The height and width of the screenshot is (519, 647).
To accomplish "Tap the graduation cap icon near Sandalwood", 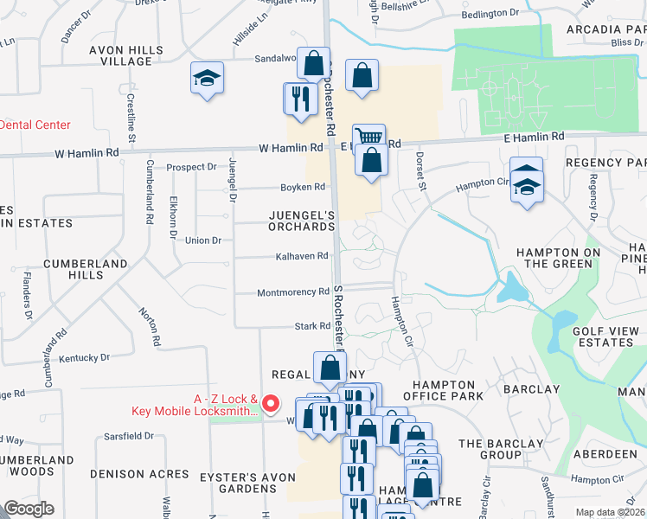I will (208, 80).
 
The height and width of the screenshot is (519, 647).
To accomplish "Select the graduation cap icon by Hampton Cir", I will (526, 185).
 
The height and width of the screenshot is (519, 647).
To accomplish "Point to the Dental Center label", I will (35, 125).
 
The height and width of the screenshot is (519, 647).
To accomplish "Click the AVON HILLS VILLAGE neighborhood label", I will (125, 56).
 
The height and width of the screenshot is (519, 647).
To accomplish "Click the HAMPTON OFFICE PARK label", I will (444, 390).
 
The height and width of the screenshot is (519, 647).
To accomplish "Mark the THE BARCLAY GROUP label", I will (501, 449).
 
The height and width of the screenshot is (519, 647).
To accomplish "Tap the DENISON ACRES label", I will (139, 474).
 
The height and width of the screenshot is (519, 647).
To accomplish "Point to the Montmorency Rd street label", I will (293, 292).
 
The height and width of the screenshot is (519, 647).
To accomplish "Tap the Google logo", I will (29, 508).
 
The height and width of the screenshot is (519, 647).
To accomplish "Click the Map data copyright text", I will (609, 512).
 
